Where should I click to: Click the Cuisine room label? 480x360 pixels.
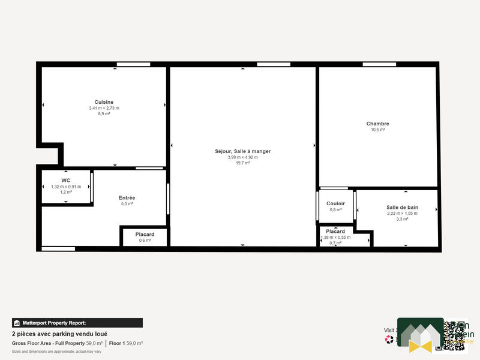(104, 102)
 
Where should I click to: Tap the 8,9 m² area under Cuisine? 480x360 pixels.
(104, 113)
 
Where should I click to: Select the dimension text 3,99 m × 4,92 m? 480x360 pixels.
(242, 157)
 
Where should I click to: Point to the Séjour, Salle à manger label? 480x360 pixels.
(242, 151)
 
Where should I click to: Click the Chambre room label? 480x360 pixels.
(377, 124)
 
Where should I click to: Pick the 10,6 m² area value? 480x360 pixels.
(377, 130)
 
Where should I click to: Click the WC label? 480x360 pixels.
(66, 180)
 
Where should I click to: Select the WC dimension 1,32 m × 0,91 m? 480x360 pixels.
(66, 187)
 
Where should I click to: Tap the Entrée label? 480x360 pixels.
(127, 197)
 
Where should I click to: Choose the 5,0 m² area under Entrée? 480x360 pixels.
(127, 204)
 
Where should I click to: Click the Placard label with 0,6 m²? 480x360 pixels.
(145, 234)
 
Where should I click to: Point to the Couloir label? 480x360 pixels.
(335, 203)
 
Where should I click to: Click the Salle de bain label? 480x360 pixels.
(402, 207)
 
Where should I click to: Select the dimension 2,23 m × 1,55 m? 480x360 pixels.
(402, 213)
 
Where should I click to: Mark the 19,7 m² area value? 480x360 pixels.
(242, 163)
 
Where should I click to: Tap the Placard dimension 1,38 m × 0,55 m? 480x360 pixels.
(335, 237)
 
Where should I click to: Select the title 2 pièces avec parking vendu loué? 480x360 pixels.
(59, 334)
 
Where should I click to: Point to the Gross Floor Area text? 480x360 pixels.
(48, 343)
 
